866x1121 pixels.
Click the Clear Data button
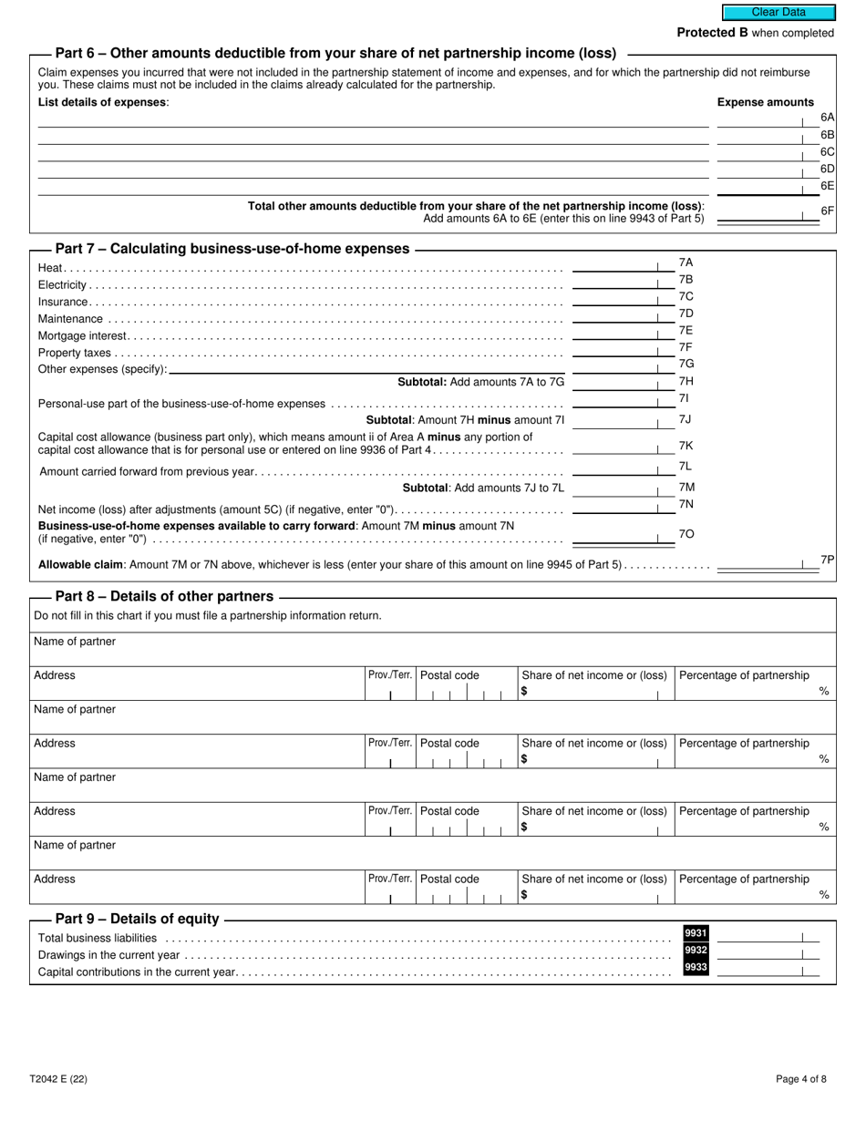tap(778, 13)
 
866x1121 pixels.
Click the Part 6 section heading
tap(335, 53)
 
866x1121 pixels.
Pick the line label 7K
tap(686, 446)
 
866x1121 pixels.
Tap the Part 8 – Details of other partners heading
tap(164, 596)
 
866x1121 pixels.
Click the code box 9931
tap(696, 933)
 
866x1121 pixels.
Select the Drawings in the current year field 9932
tap(766, 952)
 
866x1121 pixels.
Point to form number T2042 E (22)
tap(58, 1079)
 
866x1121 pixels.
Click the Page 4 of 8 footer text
tap(801, 1079)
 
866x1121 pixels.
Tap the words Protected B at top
tap(706, 33)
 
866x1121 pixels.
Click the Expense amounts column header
tap(765, 102)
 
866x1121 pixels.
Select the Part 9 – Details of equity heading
tap(137, 919)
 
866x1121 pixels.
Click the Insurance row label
tap(63, 302)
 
